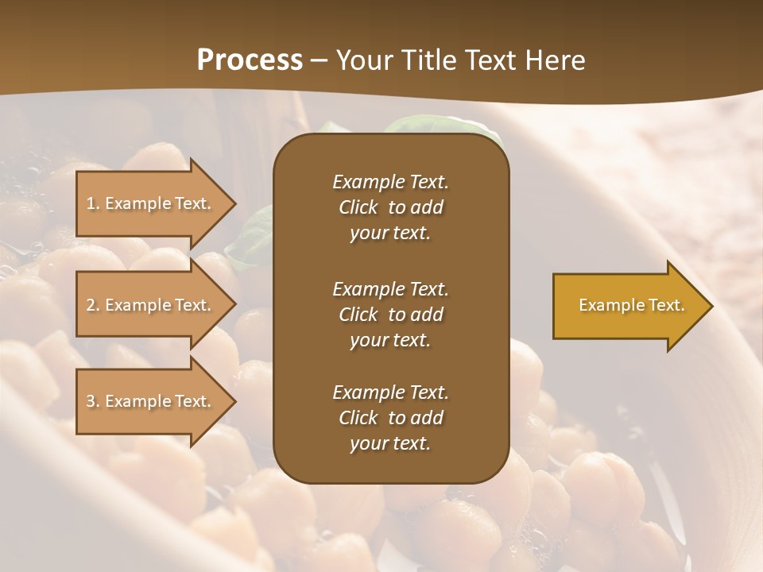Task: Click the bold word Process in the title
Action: point(250,60)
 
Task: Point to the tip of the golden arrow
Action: point(711,306)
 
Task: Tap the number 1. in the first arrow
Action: point(93,203)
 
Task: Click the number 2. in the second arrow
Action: point(93,305)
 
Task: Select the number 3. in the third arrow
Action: point(93,401)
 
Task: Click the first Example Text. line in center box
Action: point(390,182)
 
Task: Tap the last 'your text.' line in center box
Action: point(390,444)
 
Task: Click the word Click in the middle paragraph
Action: point(358,315)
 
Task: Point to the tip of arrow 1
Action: point(235,203)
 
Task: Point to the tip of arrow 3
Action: point(235,401)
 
